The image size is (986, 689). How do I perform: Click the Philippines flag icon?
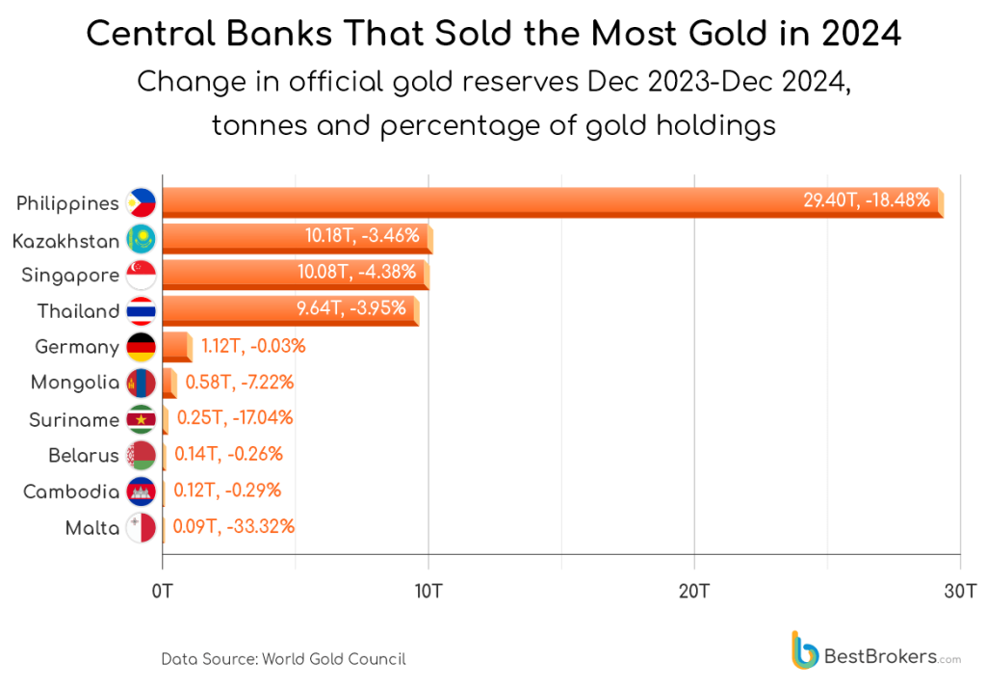(x=141, y=203)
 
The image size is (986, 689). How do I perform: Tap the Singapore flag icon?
(x=141, y=276)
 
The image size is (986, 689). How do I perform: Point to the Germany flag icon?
(x=141, y=347)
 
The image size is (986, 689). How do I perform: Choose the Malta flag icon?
(x=141, y=528)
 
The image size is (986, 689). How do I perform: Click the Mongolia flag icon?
(x=141, y=384)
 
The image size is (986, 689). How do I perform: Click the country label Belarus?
(x=84, y=456)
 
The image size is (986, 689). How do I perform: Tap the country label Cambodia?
(x=71, y=491)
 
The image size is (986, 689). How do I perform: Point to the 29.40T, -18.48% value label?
(x=867, y=200)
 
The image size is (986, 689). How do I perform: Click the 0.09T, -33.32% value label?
(x=233, y=527)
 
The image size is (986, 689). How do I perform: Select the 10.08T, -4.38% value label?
(x=356, y=273)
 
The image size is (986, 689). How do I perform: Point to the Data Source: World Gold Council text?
(x=283, y=659)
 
